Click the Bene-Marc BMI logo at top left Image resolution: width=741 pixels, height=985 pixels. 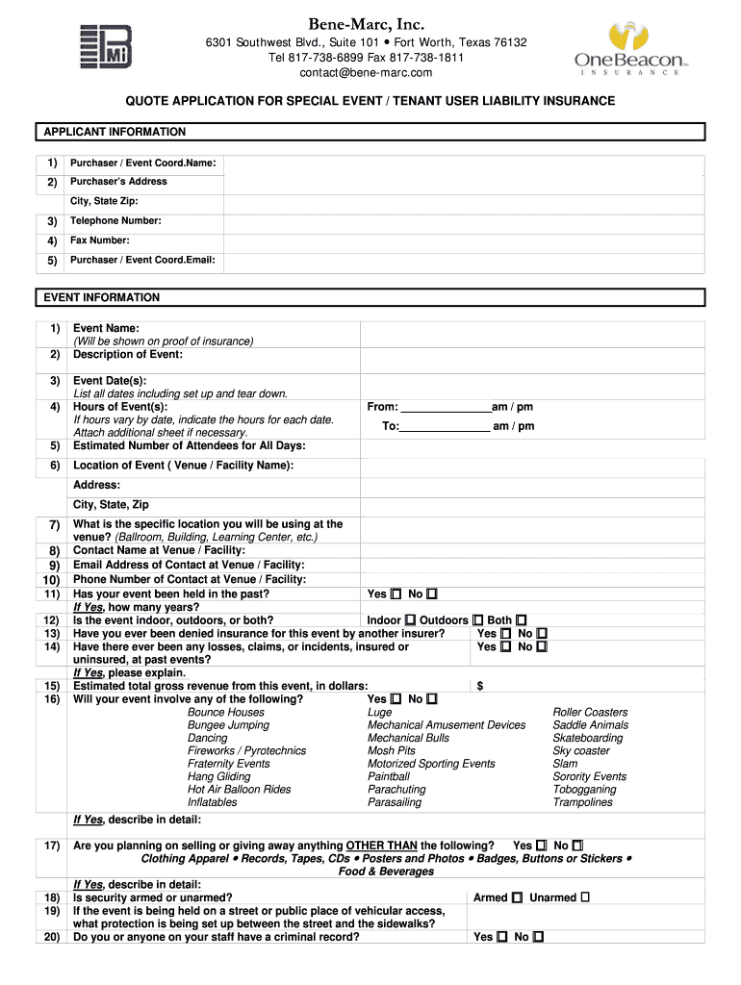tap(106, 46)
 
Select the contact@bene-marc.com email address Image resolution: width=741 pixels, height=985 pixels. tap(366, 72)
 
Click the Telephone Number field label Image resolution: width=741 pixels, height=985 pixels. tap(115, 221)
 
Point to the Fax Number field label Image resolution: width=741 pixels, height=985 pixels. tap(100, 240)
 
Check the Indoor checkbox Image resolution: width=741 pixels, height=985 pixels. tap(411, 621)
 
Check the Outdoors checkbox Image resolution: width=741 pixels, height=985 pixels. tap(477, 621)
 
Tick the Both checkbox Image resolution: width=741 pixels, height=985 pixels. tap(521, 621)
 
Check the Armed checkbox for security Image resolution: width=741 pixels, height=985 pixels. tap(518, 897)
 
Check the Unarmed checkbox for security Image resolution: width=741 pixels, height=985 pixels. tap(585, 897)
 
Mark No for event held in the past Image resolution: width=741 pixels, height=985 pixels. tap(432, 594)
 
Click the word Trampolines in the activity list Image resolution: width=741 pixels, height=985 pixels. tap(582, 802)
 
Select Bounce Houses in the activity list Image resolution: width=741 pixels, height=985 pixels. tap(225, 712)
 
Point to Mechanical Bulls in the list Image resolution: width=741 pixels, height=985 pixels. tap(408, 738)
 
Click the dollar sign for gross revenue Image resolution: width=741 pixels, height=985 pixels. tap(479, 686)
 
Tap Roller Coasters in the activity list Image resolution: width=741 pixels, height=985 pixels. tap(590, 712)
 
